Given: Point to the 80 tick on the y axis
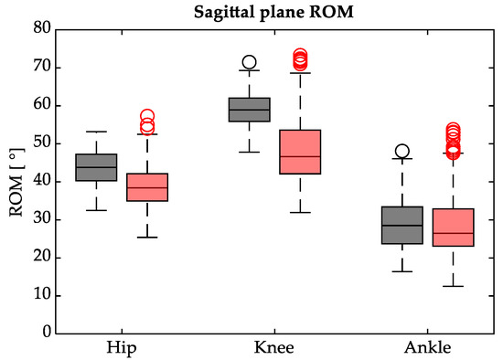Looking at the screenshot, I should click(38, 29).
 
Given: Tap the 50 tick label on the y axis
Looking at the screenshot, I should click(38, 143).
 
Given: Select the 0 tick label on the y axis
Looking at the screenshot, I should click(42, 334).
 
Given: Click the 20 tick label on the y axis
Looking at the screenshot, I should click(38, 258).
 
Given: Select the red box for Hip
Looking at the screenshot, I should click(146, 187).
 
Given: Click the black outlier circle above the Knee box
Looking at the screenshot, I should click(249, 63).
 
